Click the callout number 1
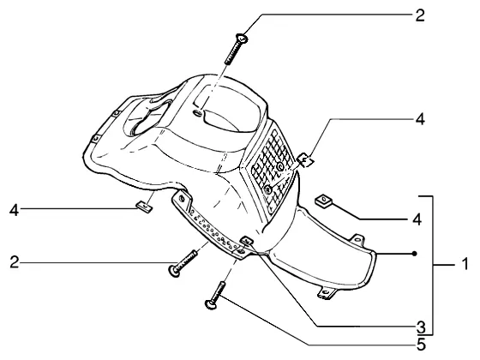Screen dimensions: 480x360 coord(465,264)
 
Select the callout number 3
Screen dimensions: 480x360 coord(421,327)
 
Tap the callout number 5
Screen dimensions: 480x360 coord(421,345)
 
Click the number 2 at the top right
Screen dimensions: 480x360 coord(420,15)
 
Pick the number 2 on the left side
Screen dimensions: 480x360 coord(14,262)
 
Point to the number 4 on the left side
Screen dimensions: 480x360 coord(14,210)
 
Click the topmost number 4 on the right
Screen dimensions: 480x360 coord(420,119)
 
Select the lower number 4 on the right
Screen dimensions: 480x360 coord(417,219)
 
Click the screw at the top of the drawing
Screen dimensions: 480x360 coord(236,50)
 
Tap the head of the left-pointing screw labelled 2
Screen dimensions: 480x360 coord(174,271)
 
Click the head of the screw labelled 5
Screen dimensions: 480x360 coord(210,304)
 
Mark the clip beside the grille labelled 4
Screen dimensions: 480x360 coord(305,159)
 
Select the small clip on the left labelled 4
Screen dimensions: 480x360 coord(144,207)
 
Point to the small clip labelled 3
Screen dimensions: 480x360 coord(247,241)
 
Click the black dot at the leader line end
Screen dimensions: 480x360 coord(415,254)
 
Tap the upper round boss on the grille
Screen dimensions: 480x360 coord(279,167)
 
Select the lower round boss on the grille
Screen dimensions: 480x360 coord(267,189)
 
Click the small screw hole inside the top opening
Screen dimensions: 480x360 coord(198,114)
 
